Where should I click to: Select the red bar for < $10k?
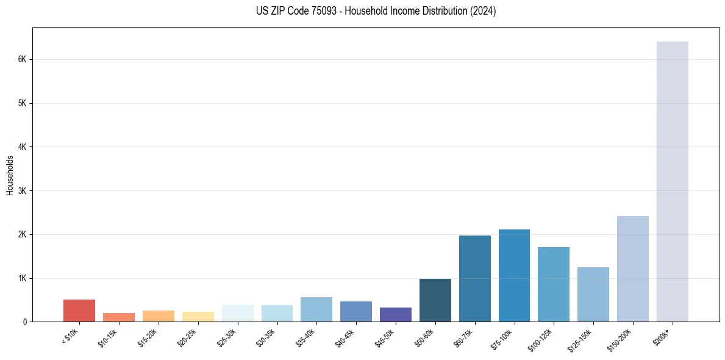(79, 311)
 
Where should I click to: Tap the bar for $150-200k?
(632, 268)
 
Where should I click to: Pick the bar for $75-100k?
(514, 275)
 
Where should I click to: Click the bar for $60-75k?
(474, 278)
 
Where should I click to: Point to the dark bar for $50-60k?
(435, 300)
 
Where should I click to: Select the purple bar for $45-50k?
(395, 314)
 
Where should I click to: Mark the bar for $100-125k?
(554, 284)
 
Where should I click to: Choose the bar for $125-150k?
(593, 294)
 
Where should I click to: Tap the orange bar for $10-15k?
(119, 317)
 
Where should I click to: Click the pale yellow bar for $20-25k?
(198, 317)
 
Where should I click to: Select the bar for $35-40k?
(316, 309)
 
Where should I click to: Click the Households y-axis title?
(10, 175)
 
